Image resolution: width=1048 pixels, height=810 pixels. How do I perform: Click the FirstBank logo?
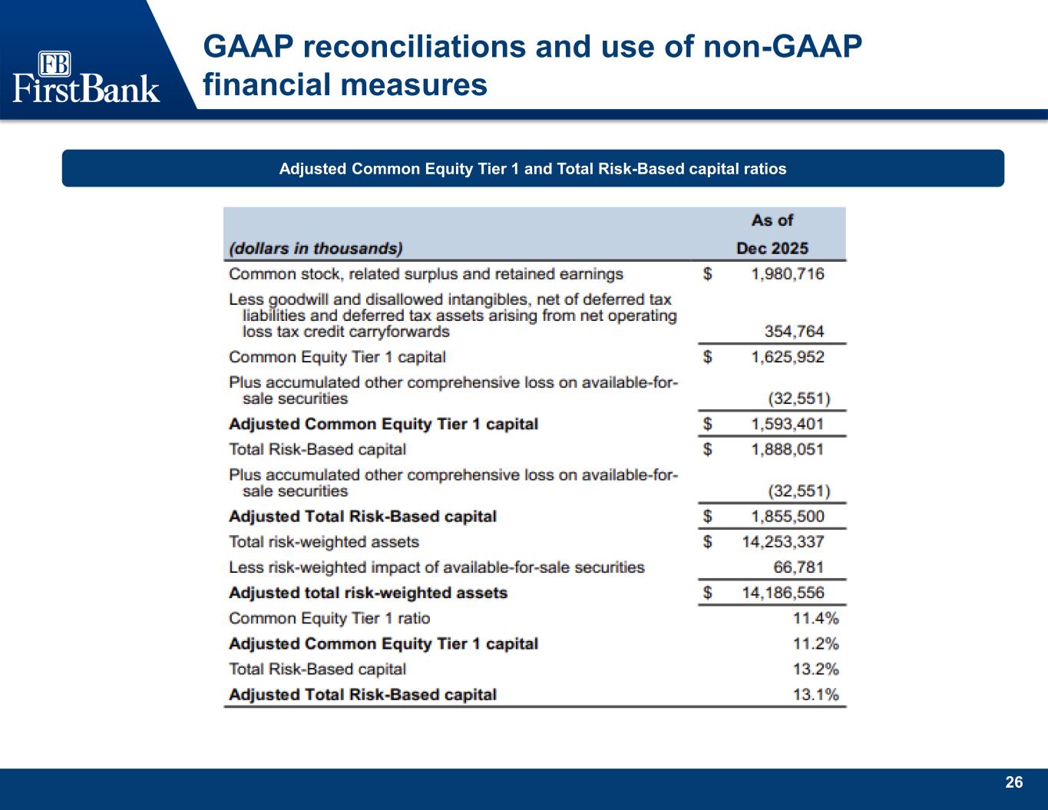(86, 77)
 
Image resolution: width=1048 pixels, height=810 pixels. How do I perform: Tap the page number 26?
(1013, 782)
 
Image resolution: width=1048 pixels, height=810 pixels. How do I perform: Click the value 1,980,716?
(788, 274)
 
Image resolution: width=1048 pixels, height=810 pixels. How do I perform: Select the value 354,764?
(795, 331)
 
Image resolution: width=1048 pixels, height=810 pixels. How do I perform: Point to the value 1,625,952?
(788, 357)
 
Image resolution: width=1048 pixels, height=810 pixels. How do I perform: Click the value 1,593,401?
(788, 424)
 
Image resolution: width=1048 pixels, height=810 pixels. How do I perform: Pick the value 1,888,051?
(788, 449)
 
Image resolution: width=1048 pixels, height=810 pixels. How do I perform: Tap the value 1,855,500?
(788, 517)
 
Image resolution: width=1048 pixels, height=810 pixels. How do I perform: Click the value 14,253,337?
(783, 542)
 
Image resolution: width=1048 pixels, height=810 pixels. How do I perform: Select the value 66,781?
(798, 567)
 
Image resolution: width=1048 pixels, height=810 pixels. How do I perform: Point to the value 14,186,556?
(783, 593)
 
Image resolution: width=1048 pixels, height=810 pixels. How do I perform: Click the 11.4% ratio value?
(816, 618)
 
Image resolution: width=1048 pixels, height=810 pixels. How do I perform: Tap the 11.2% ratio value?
(816, 643)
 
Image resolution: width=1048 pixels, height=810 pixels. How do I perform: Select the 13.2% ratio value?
(816, 669)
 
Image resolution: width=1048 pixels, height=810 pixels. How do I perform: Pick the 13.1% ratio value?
(816, 695)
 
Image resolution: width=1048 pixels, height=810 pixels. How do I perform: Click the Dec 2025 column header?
(772, 248)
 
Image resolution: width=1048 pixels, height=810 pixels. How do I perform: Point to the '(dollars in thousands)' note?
(316, 248)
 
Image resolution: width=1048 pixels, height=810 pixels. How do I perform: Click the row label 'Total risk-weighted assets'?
(324, 542)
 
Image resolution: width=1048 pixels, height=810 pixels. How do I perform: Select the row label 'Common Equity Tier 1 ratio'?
(329, 618)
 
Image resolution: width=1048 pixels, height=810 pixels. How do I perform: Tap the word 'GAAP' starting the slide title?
(249, 47)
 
